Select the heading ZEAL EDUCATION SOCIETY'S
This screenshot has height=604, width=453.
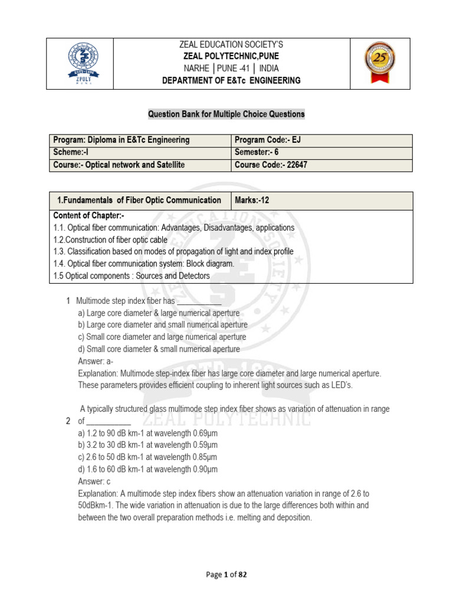231,44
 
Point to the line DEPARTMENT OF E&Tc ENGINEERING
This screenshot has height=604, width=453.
231,80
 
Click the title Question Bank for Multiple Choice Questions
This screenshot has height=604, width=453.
226,114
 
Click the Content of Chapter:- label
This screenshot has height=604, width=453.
88,215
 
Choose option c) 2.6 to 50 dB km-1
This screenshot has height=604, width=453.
147,457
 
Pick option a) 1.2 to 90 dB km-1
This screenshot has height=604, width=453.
147,433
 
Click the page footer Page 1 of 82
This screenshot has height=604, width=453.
226,576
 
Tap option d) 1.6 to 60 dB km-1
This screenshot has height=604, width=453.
147,470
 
